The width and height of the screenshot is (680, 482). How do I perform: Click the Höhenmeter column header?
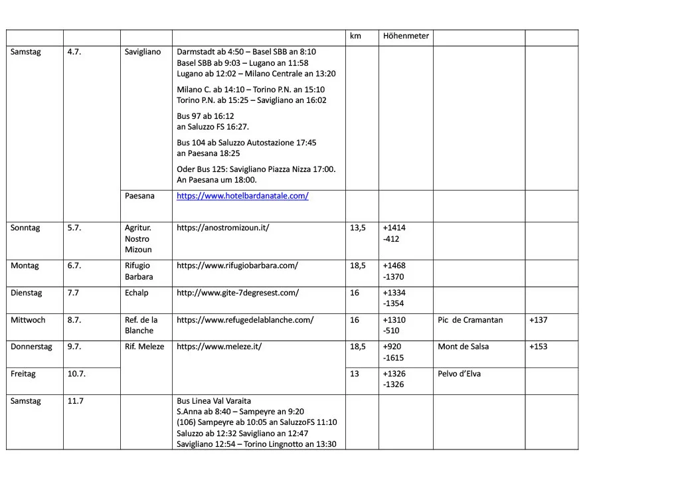click(x=406, y=36)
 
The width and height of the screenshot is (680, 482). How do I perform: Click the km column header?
click(x=355, y=36)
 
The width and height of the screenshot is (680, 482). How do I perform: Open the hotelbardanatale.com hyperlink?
click(x=242, y=196)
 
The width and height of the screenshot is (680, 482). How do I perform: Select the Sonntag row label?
click(x=25, y=228)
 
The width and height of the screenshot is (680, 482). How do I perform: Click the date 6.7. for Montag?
click(x=74, y=266)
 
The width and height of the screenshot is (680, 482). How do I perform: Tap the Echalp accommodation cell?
click(x=137, y=293)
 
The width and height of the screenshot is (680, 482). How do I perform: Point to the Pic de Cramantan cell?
click(x=470, y=320)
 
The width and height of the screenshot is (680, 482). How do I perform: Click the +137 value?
click(x=539, y=320)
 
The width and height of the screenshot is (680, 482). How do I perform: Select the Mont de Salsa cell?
click(x=463, y=347)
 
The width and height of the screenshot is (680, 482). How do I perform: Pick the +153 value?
click(x=539, y=347)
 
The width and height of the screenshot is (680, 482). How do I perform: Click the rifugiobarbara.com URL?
click(x=237, y=266)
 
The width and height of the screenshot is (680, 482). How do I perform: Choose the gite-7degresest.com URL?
click(x=238, y=293)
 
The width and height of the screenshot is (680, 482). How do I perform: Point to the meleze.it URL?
click(x=219, y=347)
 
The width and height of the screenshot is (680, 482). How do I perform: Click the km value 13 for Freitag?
click(x=355, y=374)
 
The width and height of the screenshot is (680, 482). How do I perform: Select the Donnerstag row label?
click(x=31, y=347)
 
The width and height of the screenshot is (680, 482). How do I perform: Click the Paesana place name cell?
click(x=139, y=196)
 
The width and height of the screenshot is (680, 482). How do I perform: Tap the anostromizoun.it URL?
click(x=222, y=228)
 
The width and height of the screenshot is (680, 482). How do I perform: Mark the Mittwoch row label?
click(x=28, y=320)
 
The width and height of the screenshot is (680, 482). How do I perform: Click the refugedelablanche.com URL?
click(x=245, y=320)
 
